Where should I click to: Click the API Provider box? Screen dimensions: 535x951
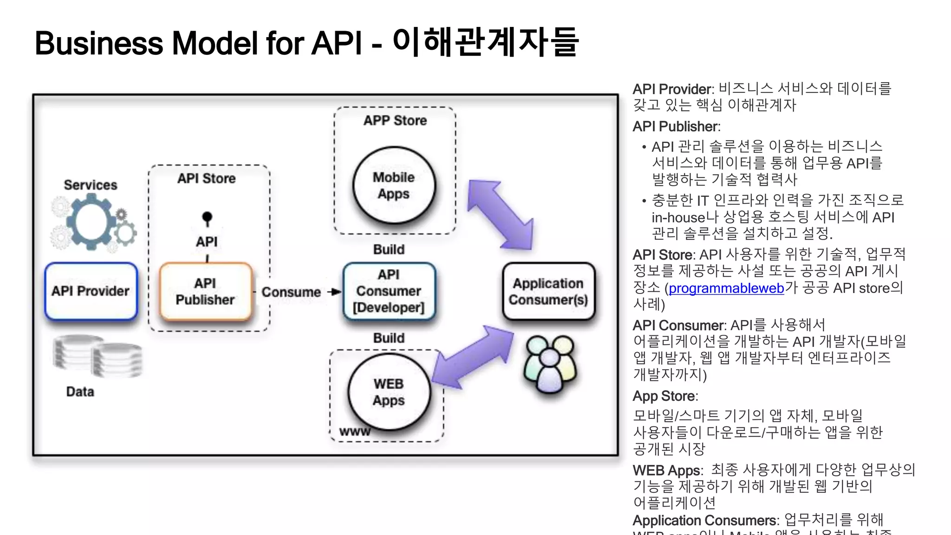[91, 291]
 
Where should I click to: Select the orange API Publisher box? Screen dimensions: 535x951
[205, 291]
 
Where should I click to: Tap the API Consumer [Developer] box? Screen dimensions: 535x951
[389, 291]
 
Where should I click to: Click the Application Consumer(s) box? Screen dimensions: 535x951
[548, 291]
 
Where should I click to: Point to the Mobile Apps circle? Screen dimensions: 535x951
[394, 185]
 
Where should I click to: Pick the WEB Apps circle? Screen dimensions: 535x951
[389, 392]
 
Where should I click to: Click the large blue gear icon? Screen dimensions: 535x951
[91, 222]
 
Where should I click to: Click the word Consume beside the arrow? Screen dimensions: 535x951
[291, 292]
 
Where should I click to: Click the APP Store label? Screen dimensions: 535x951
[395, 121]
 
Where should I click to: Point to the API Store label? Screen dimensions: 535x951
[207, 179]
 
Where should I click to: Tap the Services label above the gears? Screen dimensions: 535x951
[91, 185]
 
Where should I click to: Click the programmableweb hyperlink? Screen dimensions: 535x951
[726, 288]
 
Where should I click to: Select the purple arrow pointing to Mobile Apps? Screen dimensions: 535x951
[500, 214]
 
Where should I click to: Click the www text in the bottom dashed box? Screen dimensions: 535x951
[355, 432]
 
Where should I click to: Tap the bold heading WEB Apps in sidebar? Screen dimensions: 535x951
[667, 470]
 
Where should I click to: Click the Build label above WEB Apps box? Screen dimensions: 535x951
[389, 338]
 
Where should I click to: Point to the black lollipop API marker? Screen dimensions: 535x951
[207, 217]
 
